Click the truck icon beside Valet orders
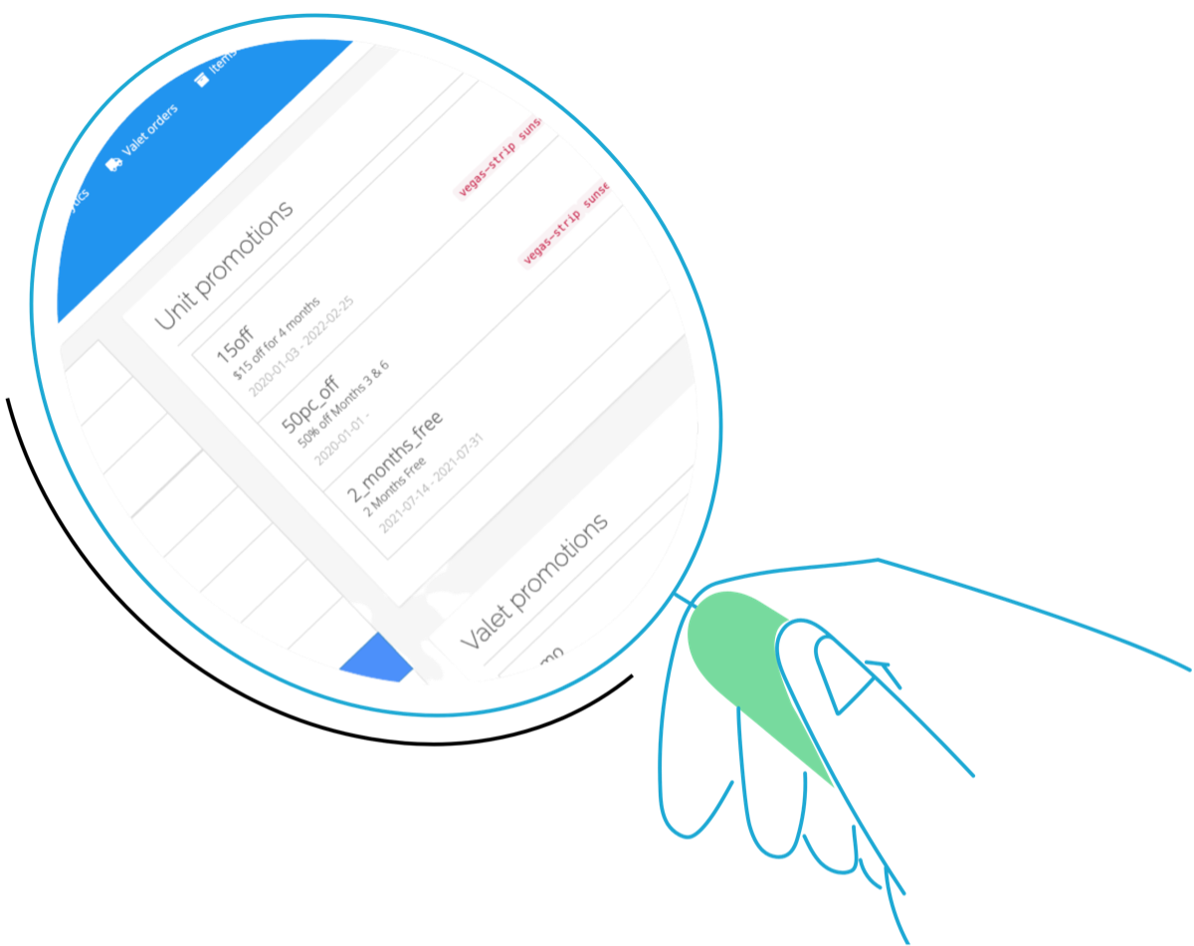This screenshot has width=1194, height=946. pyautogui.click(x=115, y=163)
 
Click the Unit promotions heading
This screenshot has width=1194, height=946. pyautogui.click(x=224, y=266)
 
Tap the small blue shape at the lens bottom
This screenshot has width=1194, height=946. pyautogui.click(x=376, y=659)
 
